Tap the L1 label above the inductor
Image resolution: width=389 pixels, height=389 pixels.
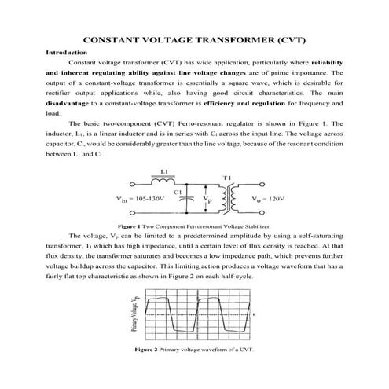(x=164, y=171)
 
